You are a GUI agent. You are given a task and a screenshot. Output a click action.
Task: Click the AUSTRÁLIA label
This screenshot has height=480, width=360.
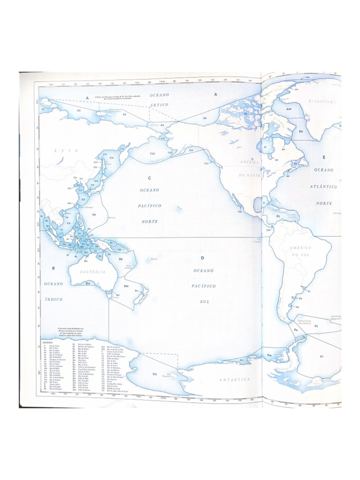(x=92, y=272)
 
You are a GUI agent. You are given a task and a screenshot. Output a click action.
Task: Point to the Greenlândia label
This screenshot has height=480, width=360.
(x=324, y=101)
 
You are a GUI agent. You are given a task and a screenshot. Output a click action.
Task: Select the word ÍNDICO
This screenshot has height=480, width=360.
(x=53, y=298)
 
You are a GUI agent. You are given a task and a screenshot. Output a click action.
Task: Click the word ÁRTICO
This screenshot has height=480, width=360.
(x=159, y=105)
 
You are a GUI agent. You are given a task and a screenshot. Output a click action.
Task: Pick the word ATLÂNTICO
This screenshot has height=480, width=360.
(x=323, y=187)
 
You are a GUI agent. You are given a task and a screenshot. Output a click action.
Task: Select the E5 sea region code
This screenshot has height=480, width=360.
(x=301, y=132)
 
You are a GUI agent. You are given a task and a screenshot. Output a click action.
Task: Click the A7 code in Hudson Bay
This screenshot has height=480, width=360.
(x=265, y=147)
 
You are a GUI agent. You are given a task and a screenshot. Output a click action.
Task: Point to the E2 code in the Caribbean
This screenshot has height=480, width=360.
(x=277, y=216)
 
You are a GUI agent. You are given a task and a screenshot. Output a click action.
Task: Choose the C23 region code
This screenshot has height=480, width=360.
(x=152, y=154)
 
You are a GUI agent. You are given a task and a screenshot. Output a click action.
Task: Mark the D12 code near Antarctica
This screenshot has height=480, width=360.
(x=155, y=374)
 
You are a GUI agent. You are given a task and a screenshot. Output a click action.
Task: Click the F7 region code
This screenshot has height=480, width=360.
(x=322, y=357)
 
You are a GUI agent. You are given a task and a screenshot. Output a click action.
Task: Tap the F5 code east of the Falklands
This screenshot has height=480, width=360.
(x=316, y=326)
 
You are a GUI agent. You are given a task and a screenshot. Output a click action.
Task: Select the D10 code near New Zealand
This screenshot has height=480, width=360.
(x=126, y=286)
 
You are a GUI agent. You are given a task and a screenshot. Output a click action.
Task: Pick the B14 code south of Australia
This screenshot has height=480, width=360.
(x=88, y=283)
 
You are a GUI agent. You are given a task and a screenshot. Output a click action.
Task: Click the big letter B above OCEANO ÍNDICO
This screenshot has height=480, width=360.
(x=53, y=268)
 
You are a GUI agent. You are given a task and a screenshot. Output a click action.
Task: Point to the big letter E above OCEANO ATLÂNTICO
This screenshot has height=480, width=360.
(x=323, y=157)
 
